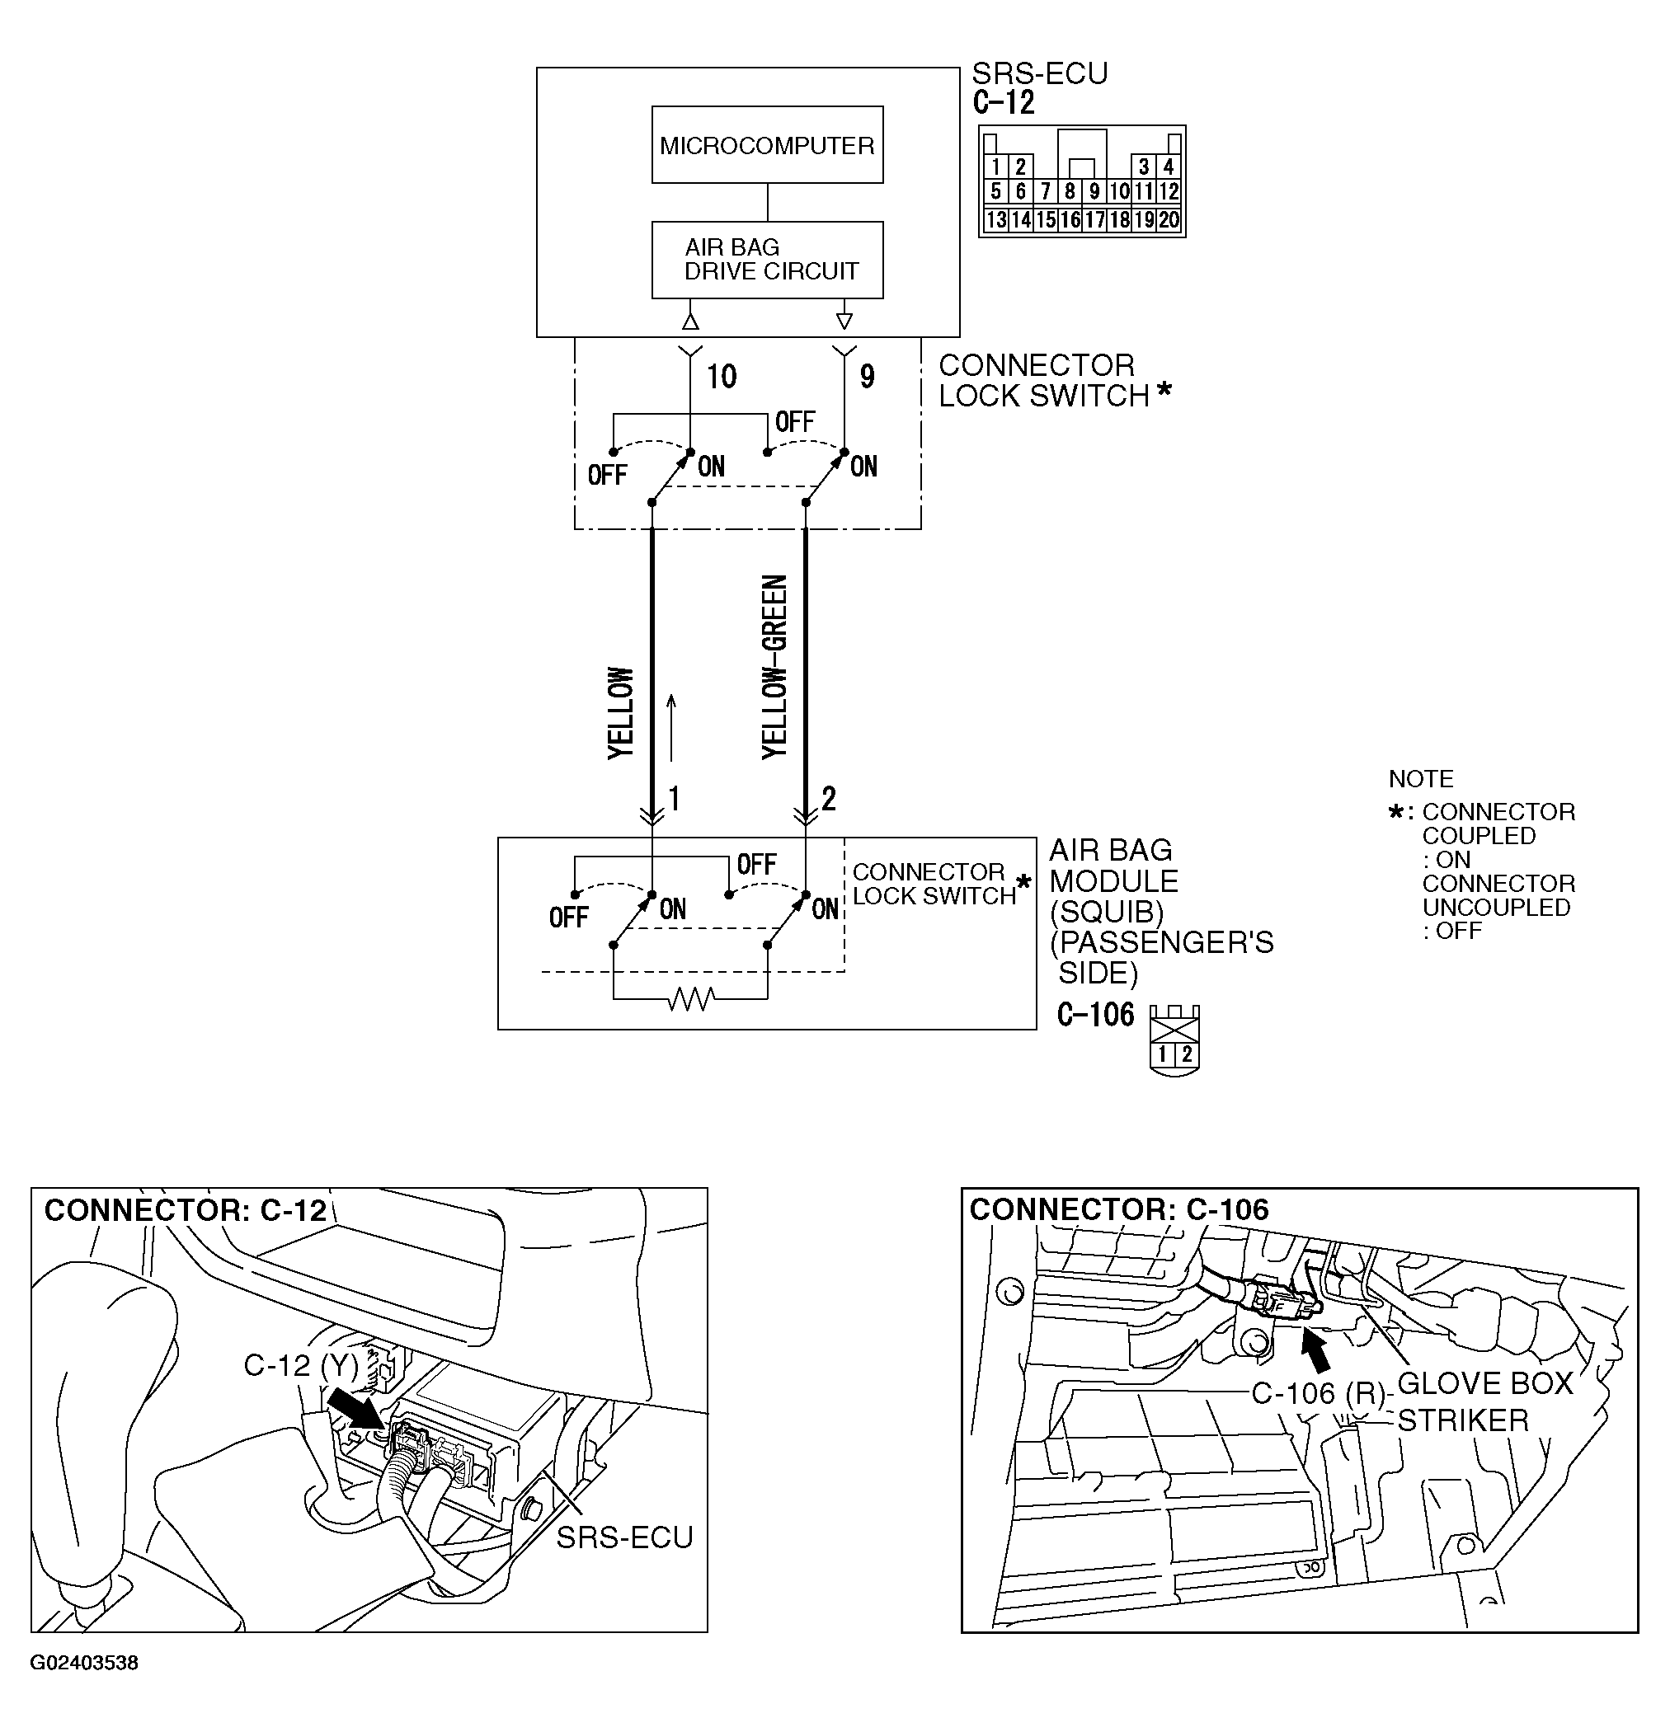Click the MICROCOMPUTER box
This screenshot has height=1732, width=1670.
point(766,145)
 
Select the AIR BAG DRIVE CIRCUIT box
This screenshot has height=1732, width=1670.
point(766,259)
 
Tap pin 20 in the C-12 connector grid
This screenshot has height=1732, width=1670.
point(1169,220)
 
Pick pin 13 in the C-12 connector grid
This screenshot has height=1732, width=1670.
point(995,220)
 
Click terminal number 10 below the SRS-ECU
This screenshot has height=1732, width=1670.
point(722,378)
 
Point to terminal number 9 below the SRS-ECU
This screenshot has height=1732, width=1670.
point(868,378)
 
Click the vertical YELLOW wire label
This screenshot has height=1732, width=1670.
point(621,712)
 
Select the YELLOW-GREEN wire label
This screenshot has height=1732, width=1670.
point(774,666)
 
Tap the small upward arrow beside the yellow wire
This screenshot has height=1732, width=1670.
point(671,726)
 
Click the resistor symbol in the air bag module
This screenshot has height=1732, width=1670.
point(691,999)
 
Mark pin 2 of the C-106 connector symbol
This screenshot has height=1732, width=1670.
point(1187,1054)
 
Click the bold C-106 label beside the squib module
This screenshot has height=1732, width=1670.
point(1095,1015)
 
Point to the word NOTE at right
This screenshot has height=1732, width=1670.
point(1421,778)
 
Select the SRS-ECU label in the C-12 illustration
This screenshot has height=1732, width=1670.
point(624,1537)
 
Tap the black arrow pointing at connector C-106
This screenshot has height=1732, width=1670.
point(1316,1351)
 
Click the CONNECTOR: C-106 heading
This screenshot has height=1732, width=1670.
point(1118,1209)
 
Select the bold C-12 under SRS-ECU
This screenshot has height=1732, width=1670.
point(1004,103)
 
